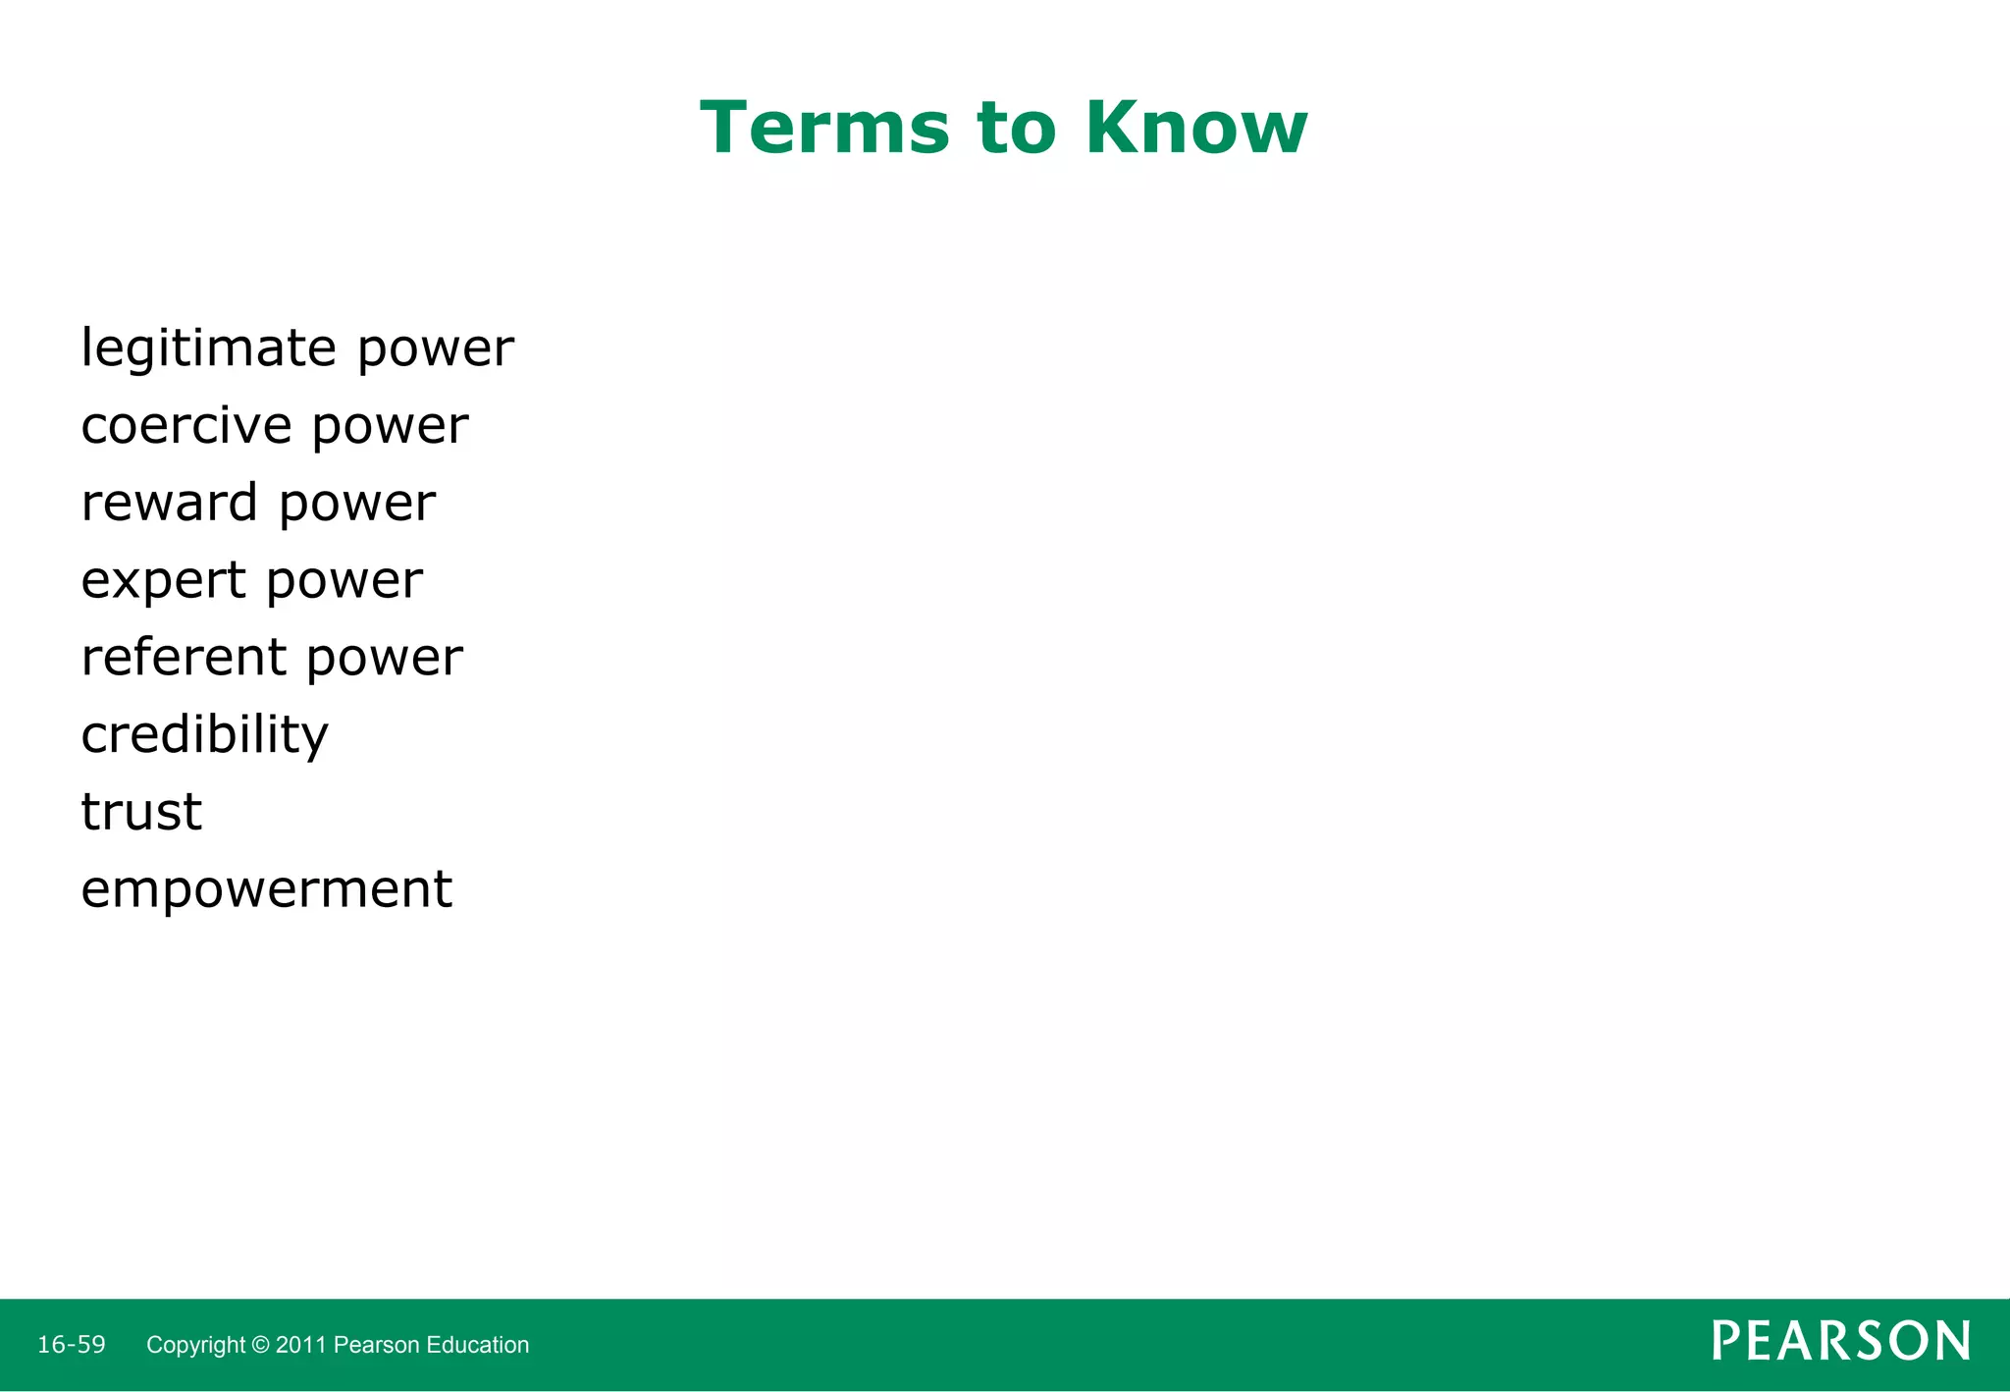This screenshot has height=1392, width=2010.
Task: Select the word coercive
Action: coord(186,426)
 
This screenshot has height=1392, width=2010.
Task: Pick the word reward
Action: coord(170,503)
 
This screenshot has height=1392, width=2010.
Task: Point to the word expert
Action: coord(164,581)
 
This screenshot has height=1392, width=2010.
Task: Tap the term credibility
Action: coord(204,735)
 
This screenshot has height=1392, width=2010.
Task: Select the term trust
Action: coord(141,812)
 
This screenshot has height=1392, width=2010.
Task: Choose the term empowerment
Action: coord(266,889)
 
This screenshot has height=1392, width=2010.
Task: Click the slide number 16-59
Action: coord(72,1344)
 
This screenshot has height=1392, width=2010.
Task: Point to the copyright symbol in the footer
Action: coord(260,1345)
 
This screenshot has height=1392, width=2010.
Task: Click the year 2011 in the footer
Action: coord(301,1345)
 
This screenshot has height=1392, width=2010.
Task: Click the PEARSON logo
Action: coord(1840,1341)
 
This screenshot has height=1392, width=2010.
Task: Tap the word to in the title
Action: coord(1018,130)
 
